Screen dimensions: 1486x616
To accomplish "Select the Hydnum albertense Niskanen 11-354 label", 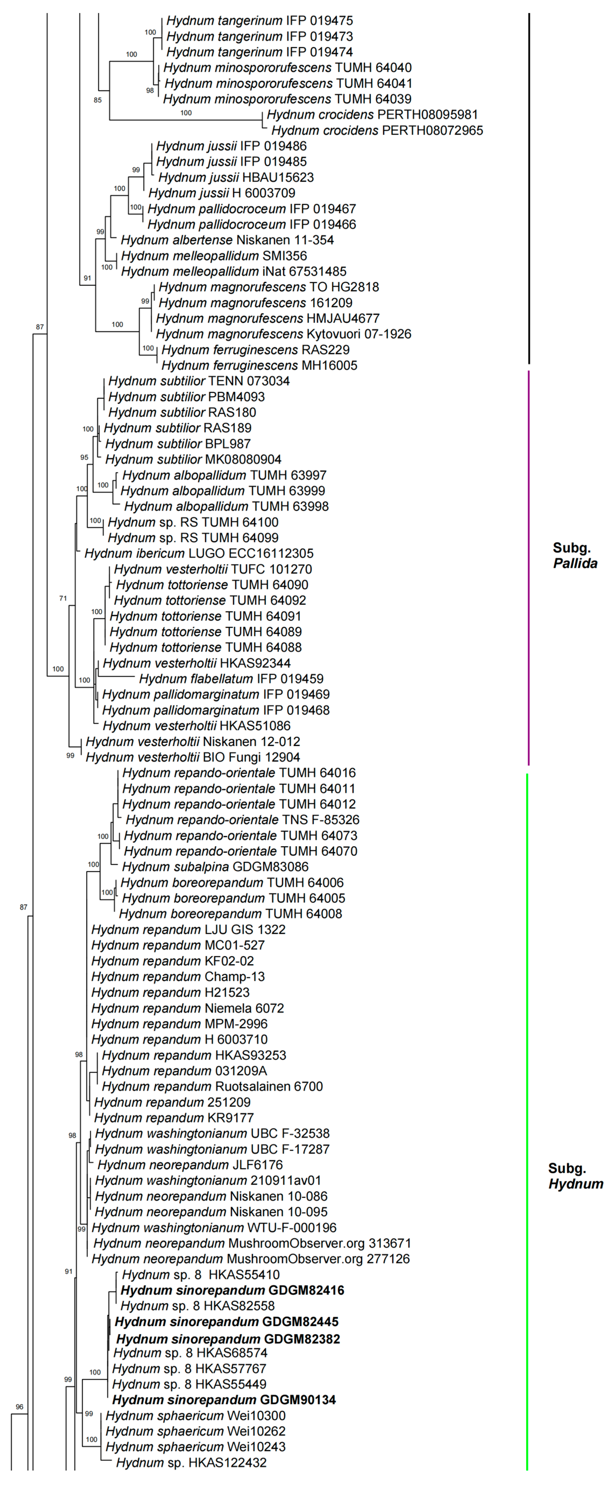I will click(x=227, y=240).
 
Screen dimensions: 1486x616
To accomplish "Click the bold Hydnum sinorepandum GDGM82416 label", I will click(x=232, y=1291).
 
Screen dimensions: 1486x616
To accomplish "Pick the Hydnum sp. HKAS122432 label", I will click(x=191, y=1462).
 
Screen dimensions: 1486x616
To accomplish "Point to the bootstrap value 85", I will click(x=98, y=100).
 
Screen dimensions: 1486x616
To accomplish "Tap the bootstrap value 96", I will click(x=19, y=1407).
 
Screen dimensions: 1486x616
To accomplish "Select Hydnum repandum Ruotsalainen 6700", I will click(x=212, y=1087).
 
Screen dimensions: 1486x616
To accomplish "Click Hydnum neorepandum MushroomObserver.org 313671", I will click(x=252, y=1243).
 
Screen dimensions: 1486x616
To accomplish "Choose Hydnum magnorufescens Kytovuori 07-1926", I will click(x=283, y=334).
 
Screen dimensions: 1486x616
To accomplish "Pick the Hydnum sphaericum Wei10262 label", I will click(x=195, y=1431).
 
